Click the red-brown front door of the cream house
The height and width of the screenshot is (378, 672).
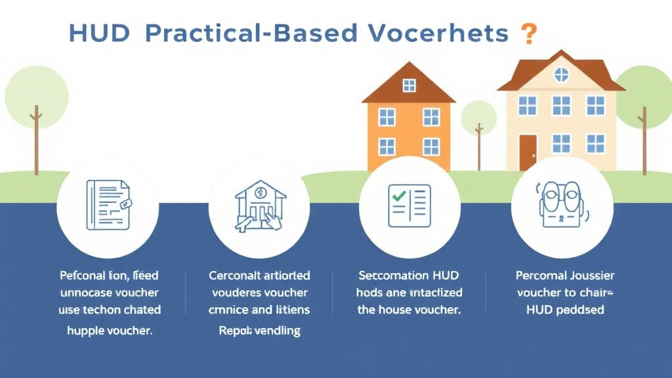(x=528, y=152)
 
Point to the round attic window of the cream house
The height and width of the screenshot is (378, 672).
(x=562, y=75)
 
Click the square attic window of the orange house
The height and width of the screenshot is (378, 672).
(x=409, y=85)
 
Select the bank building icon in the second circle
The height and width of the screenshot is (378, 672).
(x=259, y=205)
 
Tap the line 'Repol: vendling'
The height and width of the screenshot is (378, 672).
(x=259, y=331)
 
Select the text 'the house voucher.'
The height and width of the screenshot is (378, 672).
(x=409, y=309)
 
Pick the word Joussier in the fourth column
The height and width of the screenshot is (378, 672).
(x=583, y=275)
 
